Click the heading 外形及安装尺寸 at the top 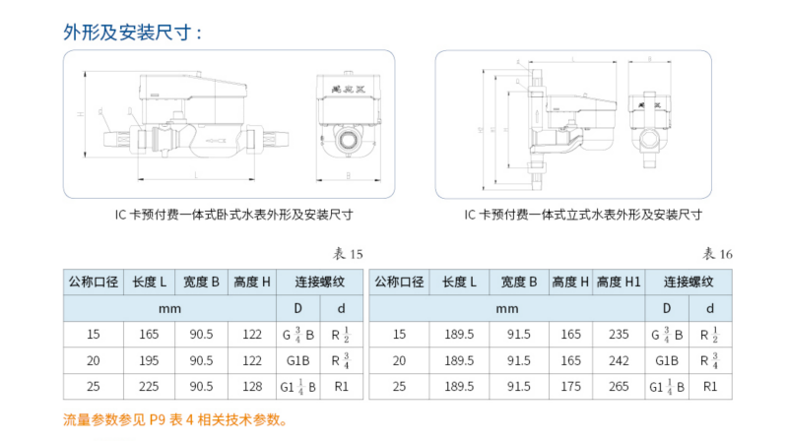click(133, 32)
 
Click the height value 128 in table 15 click(252, 386)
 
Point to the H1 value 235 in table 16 click(623, 335)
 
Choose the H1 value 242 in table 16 click(623, 360)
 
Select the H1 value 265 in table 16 click(623, 386)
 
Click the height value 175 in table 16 click(570, 386)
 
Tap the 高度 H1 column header click(623, 282)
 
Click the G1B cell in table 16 click(669, 360)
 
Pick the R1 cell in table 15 click(340, 386)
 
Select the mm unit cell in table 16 click(506, 308)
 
